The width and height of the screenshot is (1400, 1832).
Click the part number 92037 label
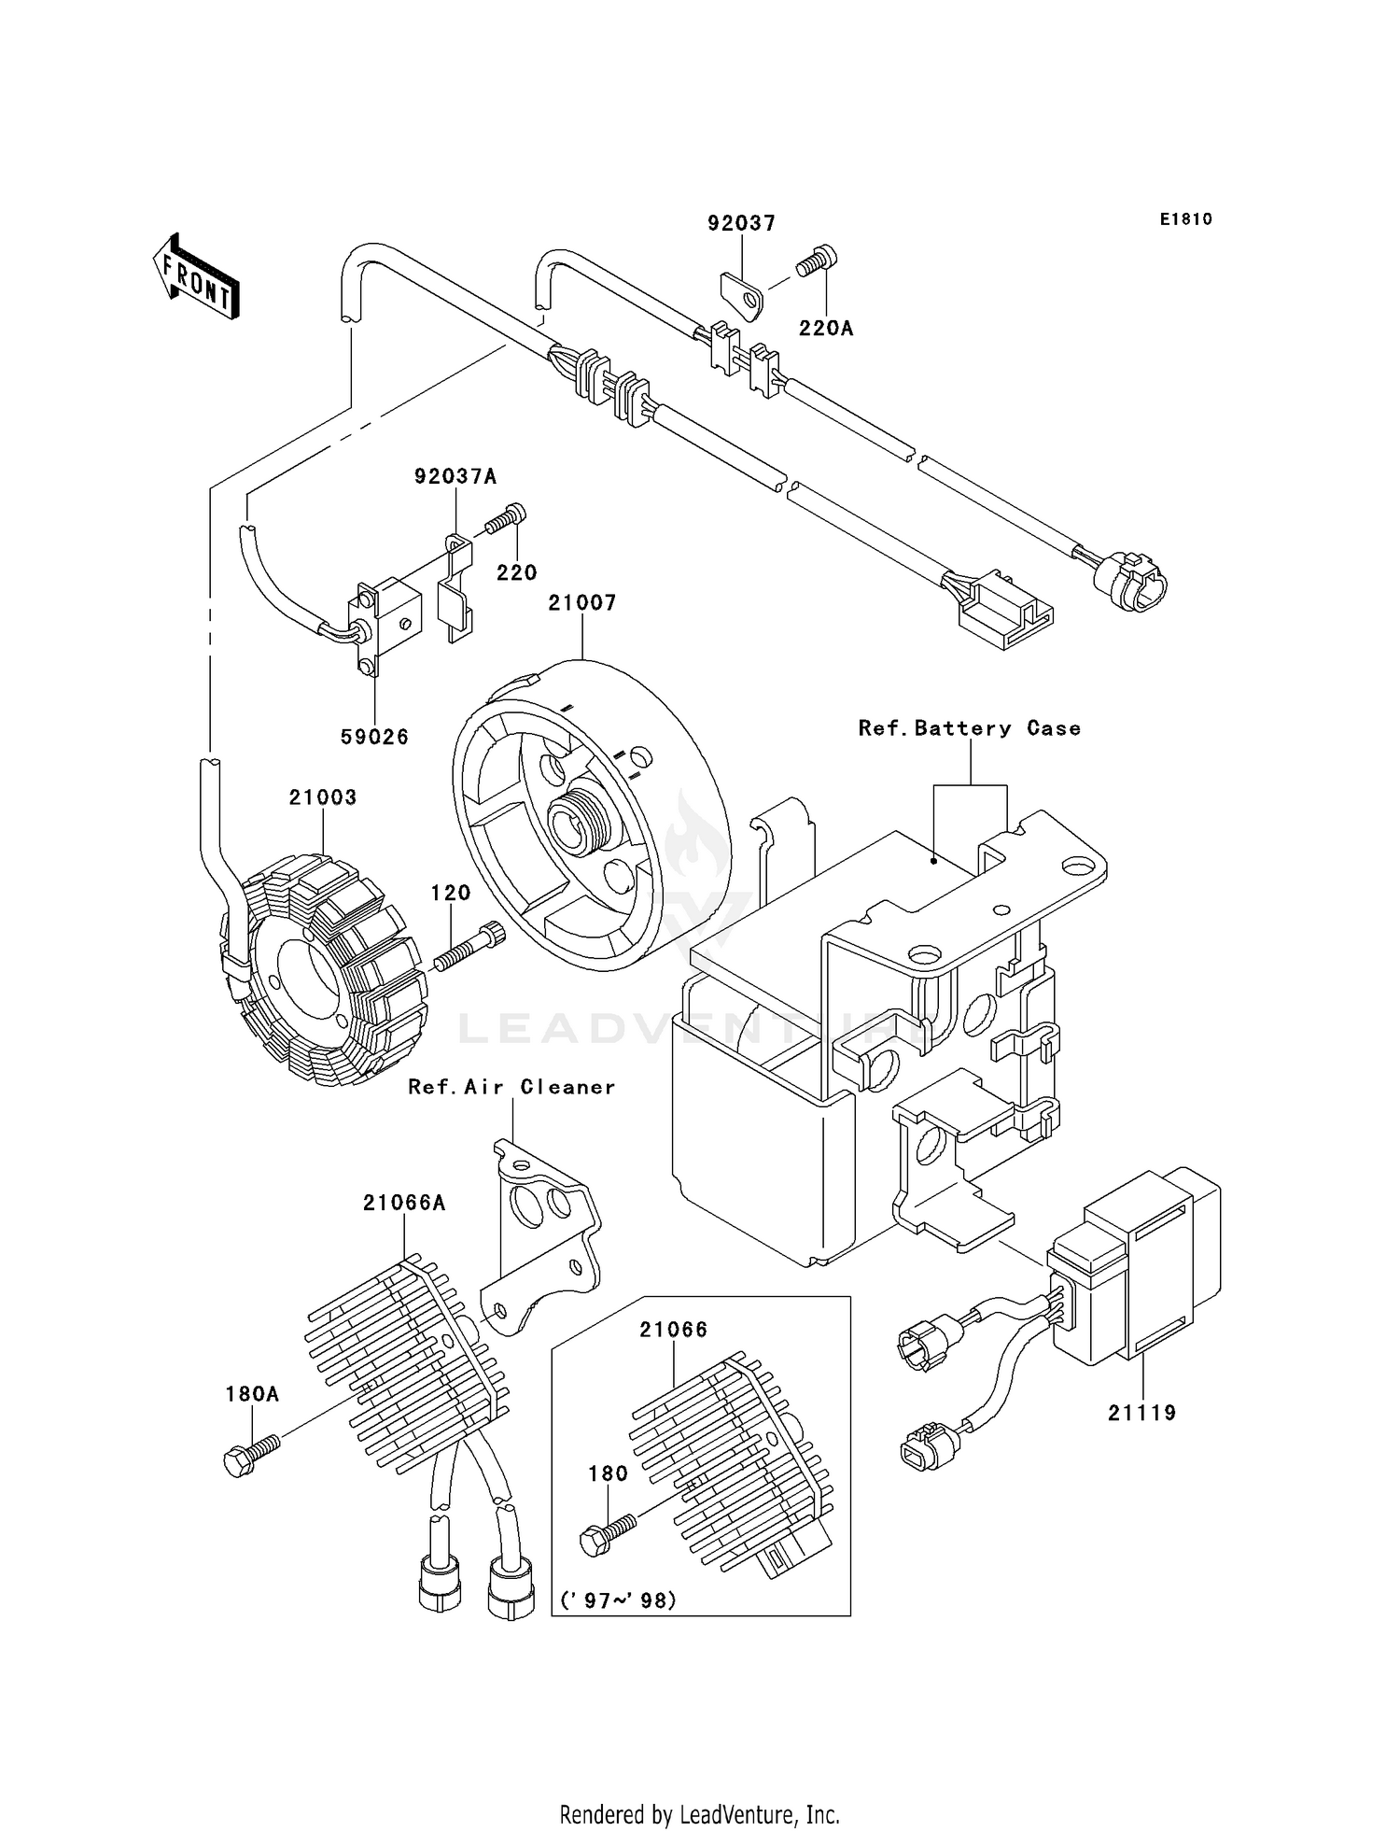(x=741, y=223)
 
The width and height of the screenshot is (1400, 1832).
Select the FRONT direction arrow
(x=196, y=278)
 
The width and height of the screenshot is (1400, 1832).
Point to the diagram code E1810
(x=1185, y=219)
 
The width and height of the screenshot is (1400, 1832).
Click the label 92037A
(x=455, y=477)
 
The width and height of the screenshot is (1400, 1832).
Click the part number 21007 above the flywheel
(x=582, y=603)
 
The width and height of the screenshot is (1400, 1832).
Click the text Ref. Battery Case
(x=970, y=728)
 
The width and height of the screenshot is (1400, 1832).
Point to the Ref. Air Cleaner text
(x=511, y=1087)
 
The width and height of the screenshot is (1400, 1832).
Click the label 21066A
(x=404, y=1204)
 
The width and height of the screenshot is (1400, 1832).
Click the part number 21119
(x=1141, y=1413)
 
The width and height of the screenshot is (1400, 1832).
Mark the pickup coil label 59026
(x=374, y=737)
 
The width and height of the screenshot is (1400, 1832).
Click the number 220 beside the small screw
(x=516, y=572)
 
